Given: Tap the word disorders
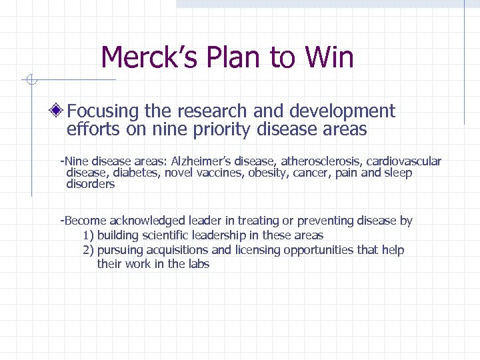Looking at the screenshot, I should tap(91, 185).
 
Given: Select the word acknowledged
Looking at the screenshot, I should tap(147, 221).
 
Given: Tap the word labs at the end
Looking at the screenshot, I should tap(198, 264).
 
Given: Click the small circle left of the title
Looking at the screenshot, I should tap(29, 81).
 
